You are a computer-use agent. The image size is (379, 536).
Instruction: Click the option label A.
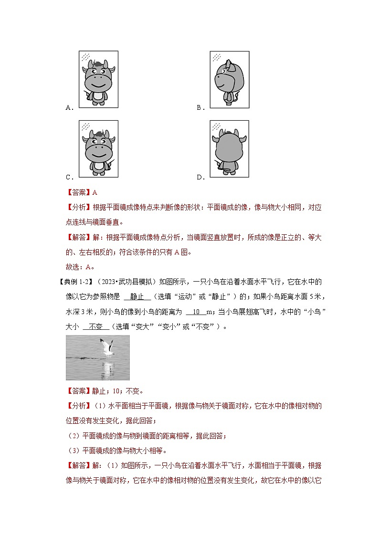69,108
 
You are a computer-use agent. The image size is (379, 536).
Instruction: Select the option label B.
200,108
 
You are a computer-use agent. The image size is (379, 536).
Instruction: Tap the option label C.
69,178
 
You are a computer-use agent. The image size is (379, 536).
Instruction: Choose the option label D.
200,178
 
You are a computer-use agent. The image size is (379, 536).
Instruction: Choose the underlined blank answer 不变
96,327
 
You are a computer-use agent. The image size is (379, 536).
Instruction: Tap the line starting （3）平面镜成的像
116,450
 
